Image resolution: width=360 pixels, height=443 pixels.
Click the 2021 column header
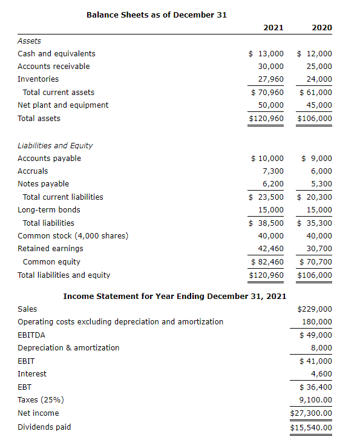click(273, 27)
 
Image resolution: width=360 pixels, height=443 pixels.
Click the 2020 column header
click(321, 27)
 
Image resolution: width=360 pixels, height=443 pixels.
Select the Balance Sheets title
click(157, 14)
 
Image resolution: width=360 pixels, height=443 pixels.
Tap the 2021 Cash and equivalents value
click(267, 53)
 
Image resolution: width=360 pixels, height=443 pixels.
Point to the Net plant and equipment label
click(63, 105)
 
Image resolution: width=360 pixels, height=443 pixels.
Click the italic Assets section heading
click(29, 41)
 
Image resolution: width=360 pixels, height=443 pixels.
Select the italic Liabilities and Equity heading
click(55, 145)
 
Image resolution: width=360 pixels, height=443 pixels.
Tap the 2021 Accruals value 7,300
click(273, 171)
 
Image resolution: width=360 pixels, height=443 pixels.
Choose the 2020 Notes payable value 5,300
click(321, 183)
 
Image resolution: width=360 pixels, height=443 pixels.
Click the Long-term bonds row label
click(48, 209)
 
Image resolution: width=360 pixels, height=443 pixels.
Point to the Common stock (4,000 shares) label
click(73, 235)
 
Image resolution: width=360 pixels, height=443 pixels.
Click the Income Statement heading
click(175, 296)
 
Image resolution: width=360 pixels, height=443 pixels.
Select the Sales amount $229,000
click(315, 309)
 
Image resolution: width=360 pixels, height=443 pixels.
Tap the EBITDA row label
click(31, 335)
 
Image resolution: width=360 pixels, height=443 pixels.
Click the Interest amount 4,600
click(321, 373)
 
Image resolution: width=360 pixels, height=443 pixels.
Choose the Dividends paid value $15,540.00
click(312, 427)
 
